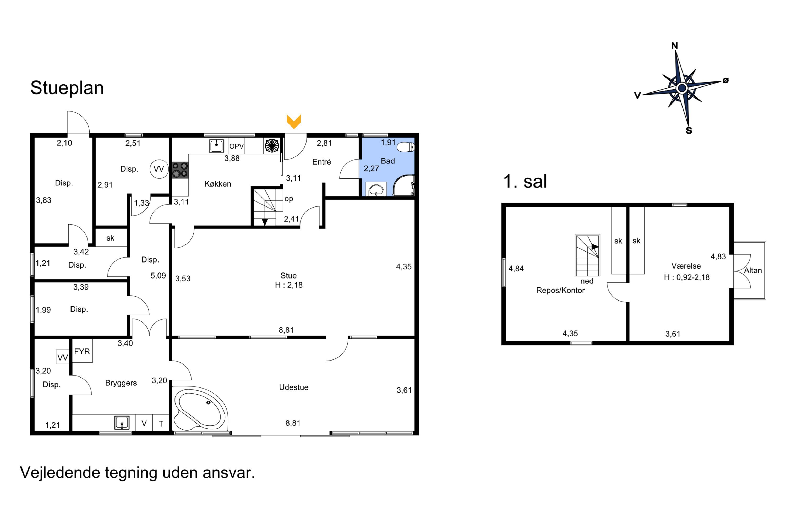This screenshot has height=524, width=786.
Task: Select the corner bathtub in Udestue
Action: [x=200, y=409]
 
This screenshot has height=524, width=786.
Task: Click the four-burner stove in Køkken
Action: [x=180, y=170]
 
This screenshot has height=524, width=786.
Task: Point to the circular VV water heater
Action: [x=159, y=169]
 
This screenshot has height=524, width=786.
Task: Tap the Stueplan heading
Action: [x=67, y=88]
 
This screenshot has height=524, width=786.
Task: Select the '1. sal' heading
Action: [x=525, y=182]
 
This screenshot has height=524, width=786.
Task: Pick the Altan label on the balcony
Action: [x=753, y=270]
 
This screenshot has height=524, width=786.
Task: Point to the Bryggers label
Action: [x=121, y=383]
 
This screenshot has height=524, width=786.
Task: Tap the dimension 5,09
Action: [x=158, y=276]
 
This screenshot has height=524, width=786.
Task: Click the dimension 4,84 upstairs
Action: [x=516, y=269]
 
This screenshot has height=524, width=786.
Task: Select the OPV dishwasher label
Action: [x=237, y=146]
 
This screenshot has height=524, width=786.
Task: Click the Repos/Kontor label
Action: [x=560, y=290]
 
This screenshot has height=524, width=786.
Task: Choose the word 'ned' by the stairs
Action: [x=587, y=281]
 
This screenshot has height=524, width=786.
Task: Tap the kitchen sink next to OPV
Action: [x=217, y=146]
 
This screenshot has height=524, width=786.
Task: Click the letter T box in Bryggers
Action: [x=161, y=424]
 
